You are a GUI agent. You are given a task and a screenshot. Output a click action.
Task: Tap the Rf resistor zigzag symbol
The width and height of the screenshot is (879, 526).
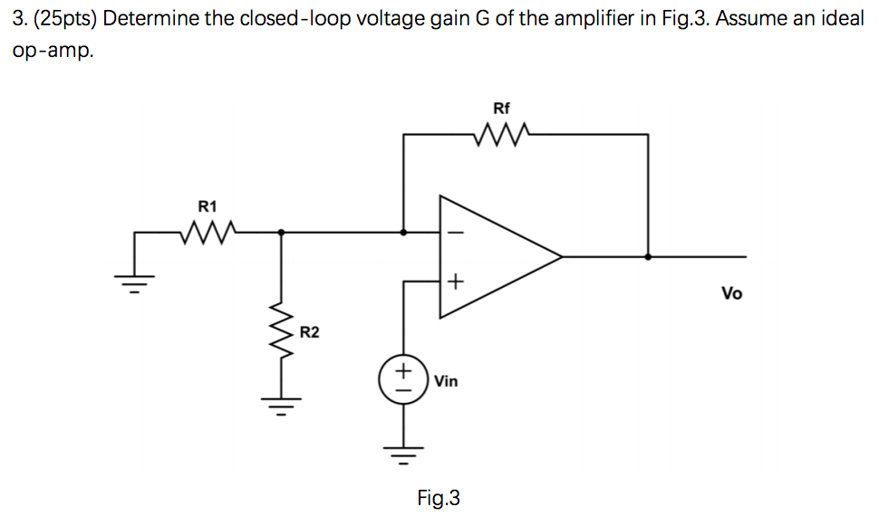[x=501, y=135]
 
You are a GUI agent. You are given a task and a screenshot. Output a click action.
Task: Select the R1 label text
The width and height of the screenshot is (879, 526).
[x=208, y=206]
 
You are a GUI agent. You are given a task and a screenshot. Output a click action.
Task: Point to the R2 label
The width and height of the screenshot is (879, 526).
[x=310, y=333]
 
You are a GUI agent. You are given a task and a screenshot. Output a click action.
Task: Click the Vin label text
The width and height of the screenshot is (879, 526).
[x=446, y=381]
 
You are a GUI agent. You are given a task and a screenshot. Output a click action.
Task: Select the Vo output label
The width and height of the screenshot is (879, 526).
[x=731, y=293]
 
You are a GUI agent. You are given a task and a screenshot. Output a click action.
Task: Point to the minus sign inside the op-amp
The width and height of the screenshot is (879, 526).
[x=455, y=233]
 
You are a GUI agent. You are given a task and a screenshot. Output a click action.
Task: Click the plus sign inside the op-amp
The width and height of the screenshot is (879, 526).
[x=455, y=282]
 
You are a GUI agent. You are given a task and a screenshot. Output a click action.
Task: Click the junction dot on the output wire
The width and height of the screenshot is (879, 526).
[x=647, y=256]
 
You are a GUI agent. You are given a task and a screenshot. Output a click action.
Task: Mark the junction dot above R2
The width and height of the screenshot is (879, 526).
[x=281, y=233]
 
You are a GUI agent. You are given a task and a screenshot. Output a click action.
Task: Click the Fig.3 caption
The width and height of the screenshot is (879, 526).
[x=439, y=497]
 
